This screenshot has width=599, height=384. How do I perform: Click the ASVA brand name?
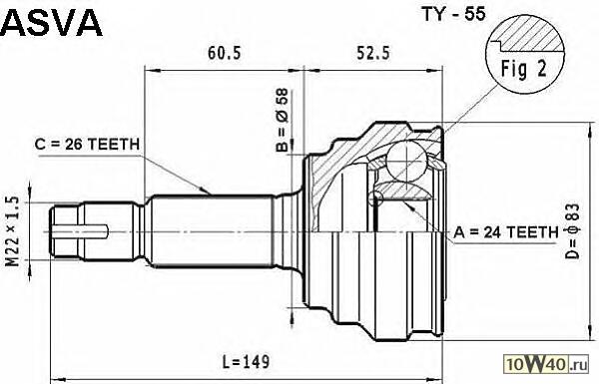pyautogui.click(x=51, y=23)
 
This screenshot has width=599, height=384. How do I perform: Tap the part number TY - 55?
pyautogui.click(x=453, y=14)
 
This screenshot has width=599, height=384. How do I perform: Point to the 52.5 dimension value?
pyautogui.click(x=373, y=53)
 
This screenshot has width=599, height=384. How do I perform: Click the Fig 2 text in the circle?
pyautogui.click(x=524, y=70)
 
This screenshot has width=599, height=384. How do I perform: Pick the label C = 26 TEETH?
pyautogui.click(x=87, y=145)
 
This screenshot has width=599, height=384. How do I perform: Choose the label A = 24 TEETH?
pyautogui.click(x=506, y=232)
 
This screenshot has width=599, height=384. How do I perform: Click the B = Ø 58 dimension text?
pyautogui.click(x=283, y=121)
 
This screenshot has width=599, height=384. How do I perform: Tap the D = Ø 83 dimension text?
pyautogui.click(x=572, y=231)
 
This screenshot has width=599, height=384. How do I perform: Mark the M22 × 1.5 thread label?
pyautogui.click(x=12, y=231)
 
